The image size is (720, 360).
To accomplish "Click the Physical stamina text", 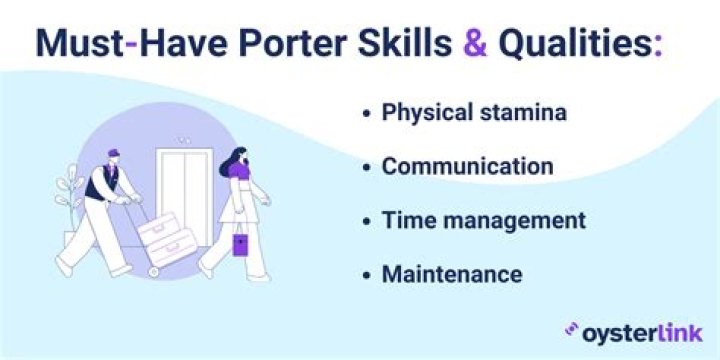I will [474, 112].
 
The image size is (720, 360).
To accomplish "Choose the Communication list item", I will [467, 166].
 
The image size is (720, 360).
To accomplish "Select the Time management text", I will [483, 219].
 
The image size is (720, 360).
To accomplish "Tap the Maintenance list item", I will [451, 272].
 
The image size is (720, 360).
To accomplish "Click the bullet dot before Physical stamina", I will [367, 113].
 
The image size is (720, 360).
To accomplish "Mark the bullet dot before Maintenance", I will [367, 273].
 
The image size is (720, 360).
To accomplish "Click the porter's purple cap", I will [112, 156].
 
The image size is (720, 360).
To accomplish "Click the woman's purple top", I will [239, 173].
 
